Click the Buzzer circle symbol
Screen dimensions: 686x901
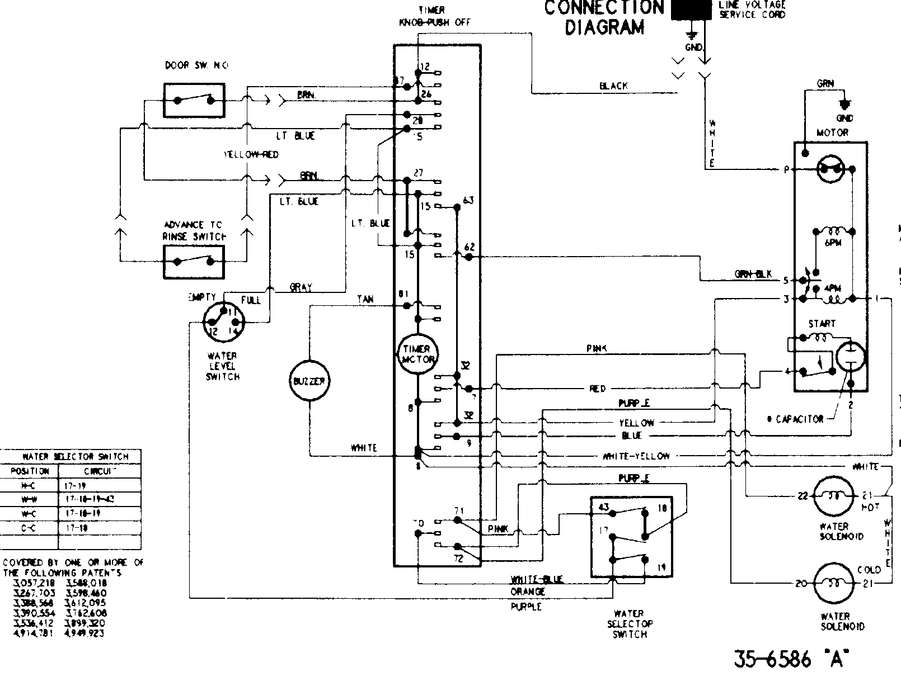pos(309,381)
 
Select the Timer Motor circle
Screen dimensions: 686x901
pos(417,354)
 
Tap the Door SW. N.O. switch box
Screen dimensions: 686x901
pos(194,101)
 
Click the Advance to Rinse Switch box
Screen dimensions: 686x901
pos(194,262)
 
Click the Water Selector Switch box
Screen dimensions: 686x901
pos(631,537)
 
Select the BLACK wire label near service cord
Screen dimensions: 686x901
pos(613,86)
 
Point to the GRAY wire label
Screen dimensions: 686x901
pos(301,287)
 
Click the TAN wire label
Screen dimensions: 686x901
pos(365,300)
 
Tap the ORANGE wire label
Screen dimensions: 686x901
pos(527,592)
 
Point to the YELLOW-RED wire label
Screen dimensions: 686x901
pos(251,154)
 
